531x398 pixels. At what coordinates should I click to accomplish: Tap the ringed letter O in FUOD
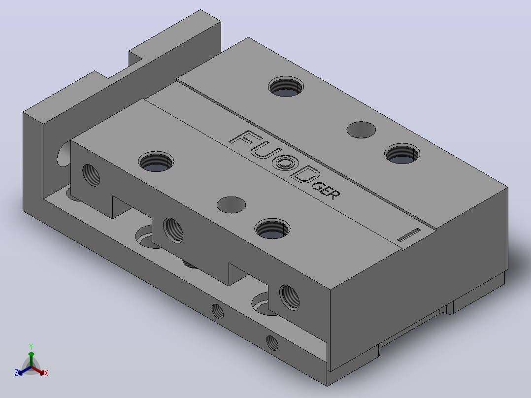(285, 163)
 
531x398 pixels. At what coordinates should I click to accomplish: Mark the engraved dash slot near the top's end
(409, 235)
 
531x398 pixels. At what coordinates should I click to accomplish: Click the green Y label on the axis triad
(31, 346)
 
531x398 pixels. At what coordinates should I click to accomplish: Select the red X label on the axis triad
(46, 373)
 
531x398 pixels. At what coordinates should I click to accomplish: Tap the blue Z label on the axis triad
(16, 373)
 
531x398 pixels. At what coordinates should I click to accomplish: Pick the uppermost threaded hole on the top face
(286, 87)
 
